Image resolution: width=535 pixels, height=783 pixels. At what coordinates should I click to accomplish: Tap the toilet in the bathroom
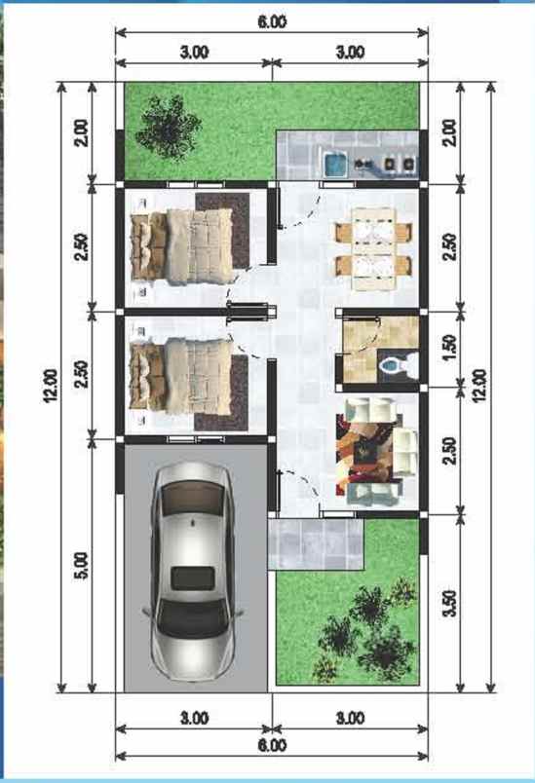point(397,365)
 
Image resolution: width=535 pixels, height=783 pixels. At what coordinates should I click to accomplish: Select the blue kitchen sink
point(334,164)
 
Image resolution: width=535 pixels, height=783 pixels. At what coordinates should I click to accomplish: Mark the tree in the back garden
point(168,124)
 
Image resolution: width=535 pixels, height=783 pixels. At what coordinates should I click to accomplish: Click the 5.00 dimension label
point(81,566)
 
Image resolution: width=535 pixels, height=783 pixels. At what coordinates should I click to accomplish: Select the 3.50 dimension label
point(449,602)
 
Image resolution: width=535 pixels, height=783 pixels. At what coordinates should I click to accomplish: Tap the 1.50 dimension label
point(449,348)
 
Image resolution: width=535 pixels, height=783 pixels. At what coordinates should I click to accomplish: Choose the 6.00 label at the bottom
point(272,746)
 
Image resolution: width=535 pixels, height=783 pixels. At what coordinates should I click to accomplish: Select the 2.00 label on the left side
point(81,131)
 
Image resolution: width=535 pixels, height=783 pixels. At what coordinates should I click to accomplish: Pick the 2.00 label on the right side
point(449,131)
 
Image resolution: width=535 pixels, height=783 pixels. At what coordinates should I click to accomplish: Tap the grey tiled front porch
point(315,543)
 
